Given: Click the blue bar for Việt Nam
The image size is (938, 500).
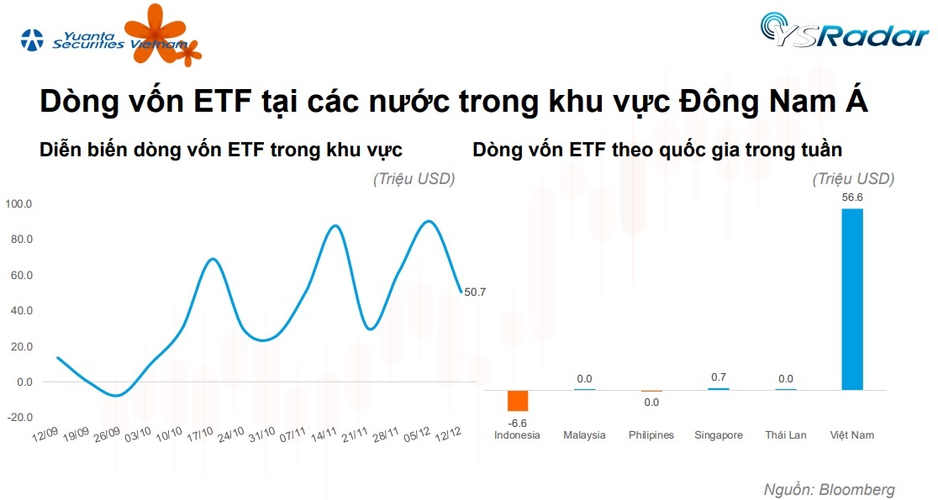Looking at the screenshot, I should tap(851, 298).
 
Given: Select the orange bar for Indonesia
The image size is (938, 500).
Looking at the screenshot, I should tap(517, 400).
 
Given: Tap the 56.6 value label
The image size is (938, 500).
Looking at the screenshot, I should tap(852, 198).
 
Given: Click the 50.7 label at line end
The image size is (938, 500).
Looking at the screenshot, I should tap(475, 292).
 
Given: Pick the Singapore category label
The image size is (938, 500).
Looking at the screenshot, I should tap(719, 435).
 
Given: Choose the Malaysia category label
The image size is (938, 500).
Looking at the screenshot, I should tap(584, 435).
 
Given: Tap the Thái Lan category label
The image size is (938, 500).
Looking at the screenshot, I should tap(786, 435).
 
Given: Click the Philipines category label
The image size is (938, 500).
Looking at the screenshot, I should tap(651, 435).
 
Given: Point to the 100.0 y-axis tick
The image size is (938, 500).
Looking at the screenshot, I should tap(18, 204).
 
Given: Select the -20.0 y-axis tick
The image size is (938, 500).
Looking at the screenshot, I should tap(18, 418).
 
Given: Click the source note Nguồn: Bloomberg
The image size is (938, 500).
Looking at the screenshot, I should tap(829, 489).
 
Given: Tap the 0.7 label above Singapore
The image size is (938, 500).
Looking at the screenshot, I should tap(719, 377).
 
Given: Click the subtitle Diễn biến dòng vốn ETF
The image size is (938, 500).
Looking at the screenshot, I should tap(221, 150).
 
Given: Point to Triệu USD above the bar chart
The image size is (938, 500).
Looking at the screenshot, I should tap(853, 179).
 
